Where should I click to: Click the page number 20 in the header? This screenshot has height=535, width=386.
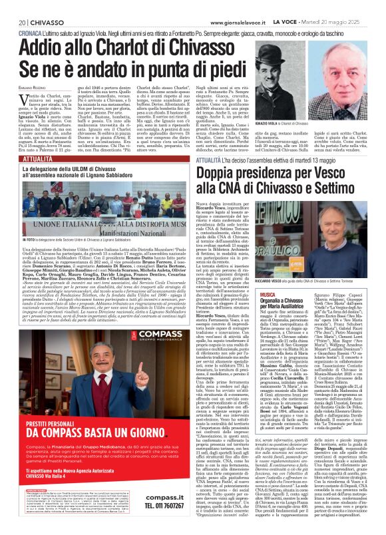pyautogui.click(x=15, y=5)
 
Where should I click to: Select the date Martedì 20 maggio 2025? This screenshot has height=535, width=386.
pyautogui.click(x=344, y=5)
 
